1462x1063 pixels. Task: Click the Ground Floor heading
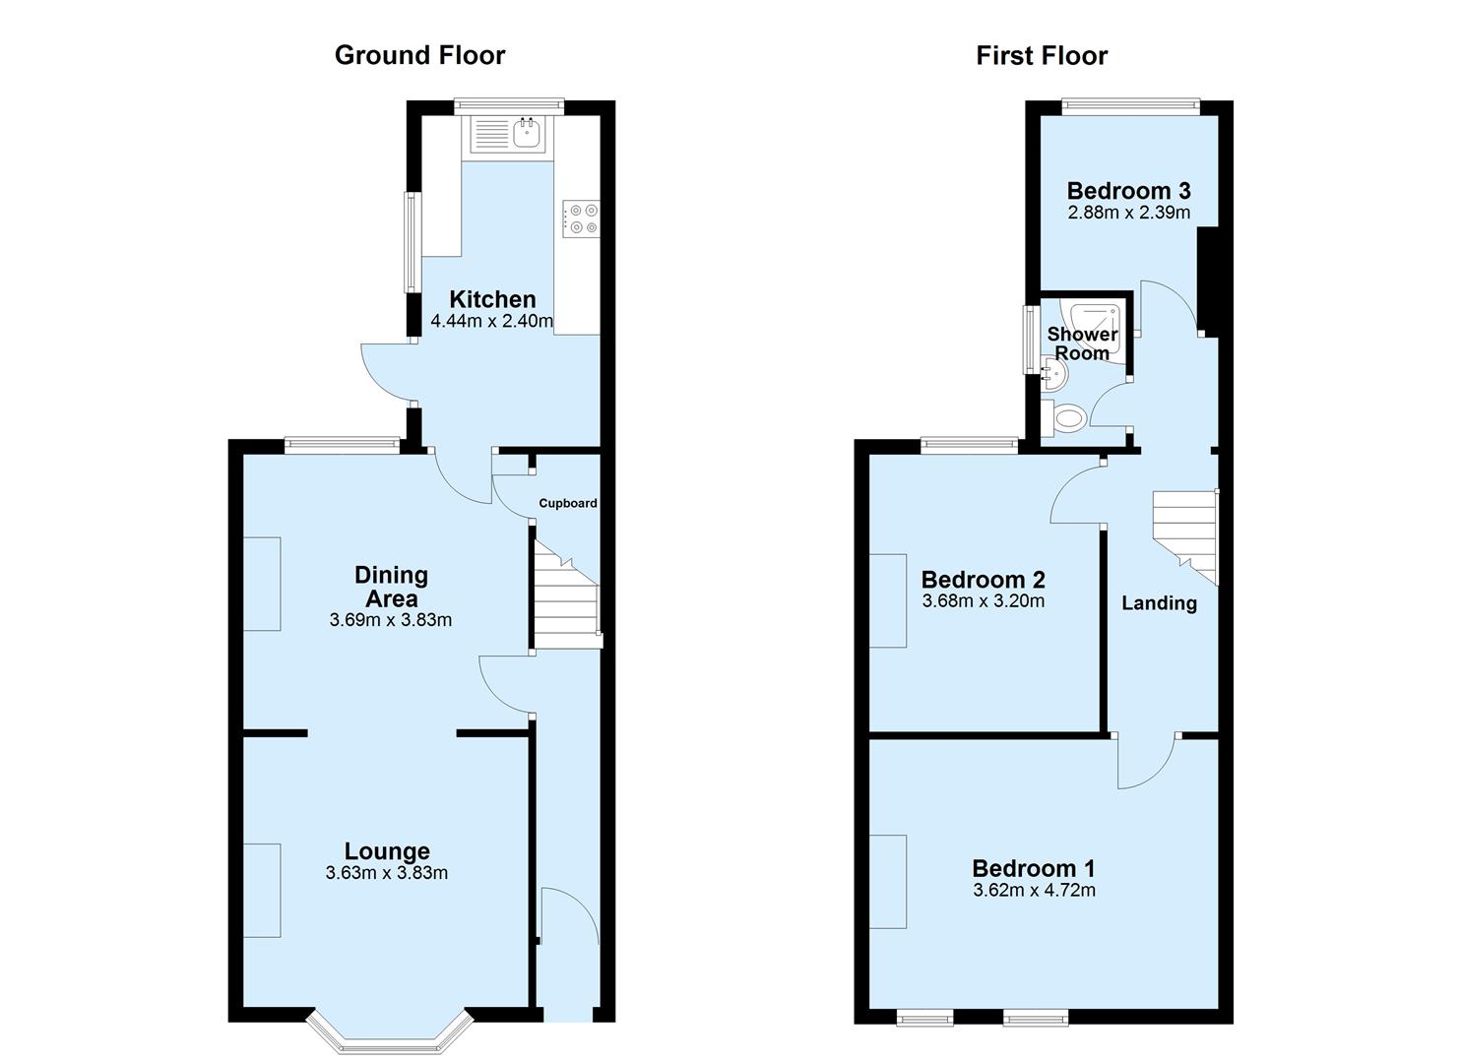pyautogui.click(x=419, y=55)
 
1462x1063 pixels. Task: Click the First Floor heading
pyautogui.click(x=1042, y=55)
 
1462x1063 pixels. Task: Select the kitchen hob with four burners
pyautogui.click(x=581, y=219)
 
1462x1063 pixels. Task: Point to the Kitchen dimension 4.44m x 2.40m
pyautogui.click(x=492, y=321)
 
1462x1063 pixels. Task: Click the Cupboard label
pyautogui.click(x=567, y=503)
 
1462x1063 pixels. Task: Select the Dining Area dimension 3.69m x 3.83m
pyautogui.click(x=391, y=620)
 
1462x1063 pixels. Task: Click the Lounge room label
pyautogui.click(x=387, y=851)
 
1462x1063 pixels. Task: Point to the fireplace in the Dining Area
pyautogui.click(x=262, y=583)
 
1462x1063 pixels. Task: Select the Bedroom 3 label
pyautogui.click(x=1128, y=191)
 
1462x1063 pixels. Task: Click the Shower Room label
pyautogui.click(x=1082, y=344)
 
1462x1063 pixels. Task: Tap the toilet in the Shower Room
pyautogui.click(x=1065, y=418)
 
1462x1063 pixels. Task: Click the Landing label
pyautogui.click(x=1159, y=603)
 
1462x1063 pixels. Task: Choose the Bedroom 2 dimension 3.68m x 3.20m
pyautogui.click(x=983, y=601)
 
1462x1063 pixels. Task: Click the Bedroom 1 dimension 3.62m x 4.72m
pyautogui.click(x=1034, y=891)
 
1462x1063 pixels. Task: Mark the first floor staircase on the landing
pyautogui.click(x=1185, y=531)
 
